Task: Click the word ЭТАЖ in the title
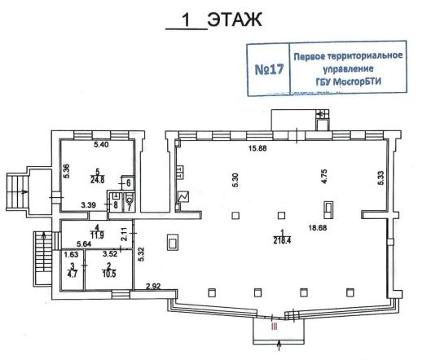point(235,20)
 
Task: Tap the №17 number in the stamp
point(269,69)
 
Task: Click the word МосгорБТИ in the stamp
point(358,82)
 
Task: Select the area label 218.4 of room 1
point(282,240)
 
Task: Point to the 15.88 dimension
point(257,148)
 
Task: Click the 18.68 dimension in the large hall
point(318,228)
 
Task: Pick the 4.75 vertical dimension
point(324,176)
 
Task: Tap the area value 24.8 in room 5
point(98,179)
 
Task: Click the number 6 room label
point(129,183)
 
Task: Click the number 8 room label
point(116,205)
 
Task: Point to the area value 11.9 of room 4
point(97,235)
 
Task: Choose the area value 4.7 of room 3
point(73,274)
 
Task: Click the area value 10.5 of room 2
point(109,274)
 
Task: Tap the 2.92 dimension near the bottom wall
point(153,287)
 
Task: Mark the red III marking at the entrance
point(274,326)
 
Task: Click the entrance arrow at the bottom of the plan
point(279,345)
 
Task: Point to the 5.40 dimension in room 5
point(101,145)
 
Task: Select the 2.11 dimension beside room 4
point(125,233)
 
